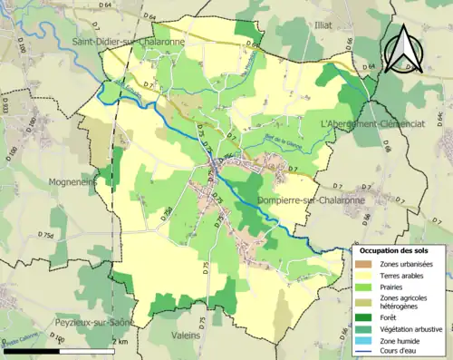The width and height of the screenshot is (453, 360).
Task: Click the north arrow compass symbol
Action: pos(405,48)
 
